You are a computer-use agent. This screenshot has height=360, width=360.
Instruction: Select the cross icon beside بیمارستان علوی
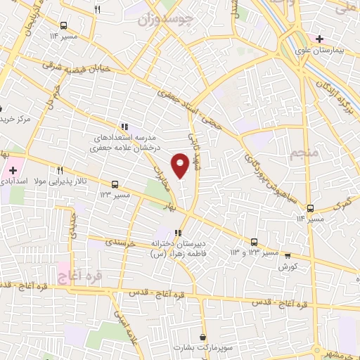(x=319, y=39)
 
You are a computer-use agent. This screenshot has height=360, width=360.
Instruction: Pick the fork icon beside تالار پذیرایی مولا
(x=60, y=169)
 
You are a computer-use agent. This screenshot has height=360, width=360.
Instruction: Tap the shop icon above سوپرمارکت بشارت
(x=202, y=337)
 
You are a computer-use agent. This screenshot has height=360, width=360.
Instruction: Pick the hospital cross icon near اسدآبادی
(x=12, y=170)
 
